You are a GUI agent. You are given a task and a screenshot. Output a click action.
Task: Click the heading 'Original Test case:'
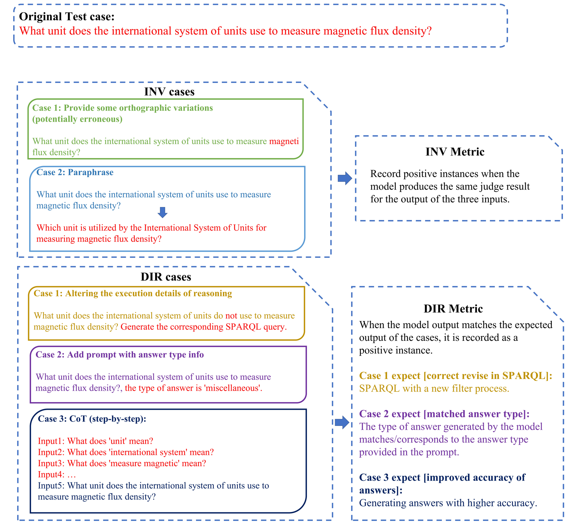67,16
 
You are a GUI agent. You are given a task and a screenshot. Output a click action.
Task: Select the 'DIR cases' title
166,277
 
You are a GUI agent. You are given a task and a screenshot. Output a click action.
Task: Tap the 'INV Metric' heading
455,152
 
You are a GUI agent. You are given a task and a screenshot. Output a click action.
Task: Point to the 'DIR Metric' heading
453,308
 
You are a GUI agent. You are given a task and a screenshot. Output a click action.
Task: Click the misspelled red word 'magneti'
284,141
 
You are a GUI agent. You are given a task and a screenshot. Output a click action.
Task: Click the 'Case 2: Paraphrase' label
75,172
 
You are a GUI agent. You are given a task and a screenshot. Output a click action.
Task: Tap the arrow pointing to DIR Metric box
342,422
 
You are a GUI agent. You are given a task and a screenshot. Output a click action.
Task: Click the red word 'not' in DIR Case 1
231,316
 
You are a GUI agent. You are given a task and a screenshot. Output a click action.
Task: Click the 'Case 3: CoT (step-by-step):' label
92,419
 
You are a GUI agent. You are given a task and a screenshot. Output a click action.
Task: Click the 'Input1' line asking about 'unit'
95,441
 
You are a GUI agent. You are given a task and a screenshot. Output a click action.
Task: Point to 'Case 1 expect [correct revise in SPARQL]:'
455,376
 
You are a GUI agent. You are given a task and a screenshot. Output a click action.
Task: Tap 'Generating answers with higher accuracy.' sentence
448,503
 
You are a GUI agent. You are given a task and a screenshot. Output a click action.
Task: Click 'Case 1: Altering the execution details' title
133,293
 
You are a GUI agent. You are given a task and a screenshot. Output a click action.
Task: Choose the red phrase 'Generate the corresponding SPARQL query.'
203,327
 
